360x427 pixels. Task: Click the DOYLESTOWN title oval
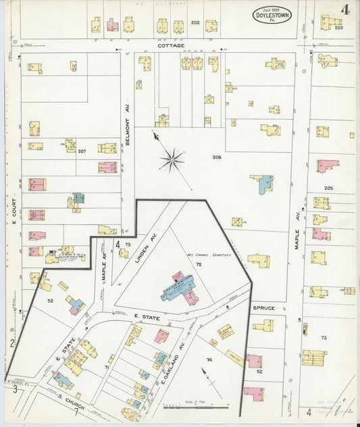pos(273,15)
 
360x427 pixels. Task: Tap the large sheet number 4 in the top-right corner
pos(345,10)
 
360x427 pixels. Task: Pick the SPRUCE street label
pos(264,308)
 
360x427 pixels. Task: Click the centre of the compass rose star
pos(172,160)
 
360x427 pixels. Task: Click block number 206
pos(216,157)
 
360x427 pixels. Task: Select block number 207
pos(82,151)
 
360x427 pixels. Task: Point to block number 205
pos(328,188)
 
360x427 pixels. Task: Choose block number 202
pos(195,23)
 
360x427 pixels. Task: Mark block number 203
pos(338,28)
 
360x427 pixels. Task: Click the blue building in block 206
pos(263,183)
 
